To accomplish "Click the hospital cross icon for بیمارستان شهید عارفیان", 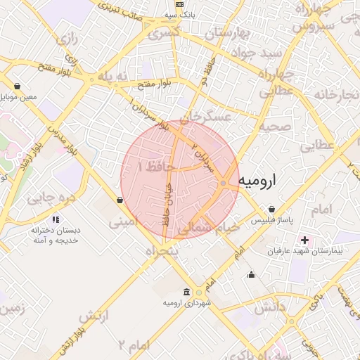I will [304, 240].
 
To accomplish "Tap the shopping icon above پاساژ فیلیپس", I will [272, 210].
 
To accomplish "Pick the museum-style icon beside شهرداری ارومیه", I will [186, 292].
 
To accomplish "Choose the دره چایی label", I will [50, 198].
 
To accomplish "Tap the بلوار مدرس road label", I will [61, 137].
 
